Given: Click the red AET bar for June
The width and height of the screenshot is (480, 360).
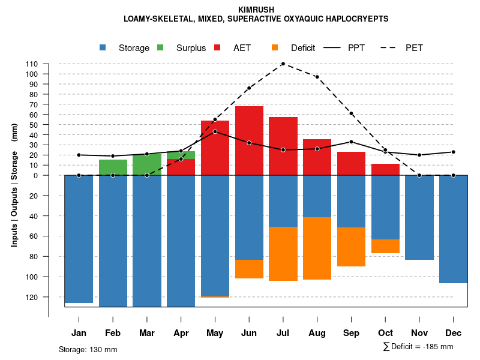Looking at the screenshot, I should (x=249, y=140).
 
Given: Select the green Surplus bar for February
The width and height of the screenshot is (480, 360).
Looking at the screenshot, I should (x=113, y=167).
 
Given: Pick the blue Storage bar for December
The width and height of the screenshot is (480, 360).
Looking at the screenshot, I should (x=453, y=229).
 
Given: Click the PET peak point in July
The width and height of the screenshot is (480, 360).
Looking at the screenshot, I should (x=283, y=64).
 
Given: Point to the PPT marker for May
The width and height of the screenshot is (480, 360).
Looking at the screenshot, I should (x=215, y=131).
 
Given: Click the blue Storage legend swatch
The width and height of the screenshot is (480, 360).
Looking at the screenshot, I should (x=103, y=48).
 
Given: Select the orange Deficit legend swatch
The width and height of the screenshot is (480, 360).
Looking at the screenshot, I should (x=275, y=48).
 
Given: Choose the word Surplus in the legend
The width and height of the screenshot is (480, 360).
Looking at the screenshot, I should (x=191, y=48).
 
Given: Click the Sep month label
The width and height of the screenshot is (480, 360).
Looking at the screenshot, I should (x=351, y=333).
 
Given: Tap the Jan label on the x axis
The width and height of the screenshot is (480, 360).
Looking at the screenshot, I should (x=79, y=333).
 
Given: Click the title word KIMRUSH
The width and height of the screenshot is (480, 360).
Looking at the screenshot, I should (x=256, y=10).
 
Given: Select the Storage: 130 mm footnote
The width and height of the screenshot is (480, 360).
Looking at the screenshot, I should (x=88, y=349).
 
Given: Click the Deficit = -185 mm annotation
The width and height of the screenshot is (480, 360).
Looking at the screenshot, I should (x=418, y=347).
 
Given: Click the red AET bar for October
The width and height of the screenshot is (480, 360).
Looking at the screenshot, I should (x=385, y=169).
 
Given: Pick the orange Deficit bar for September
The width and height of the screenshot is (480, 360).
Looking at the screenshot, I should (x=351, y=247).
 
